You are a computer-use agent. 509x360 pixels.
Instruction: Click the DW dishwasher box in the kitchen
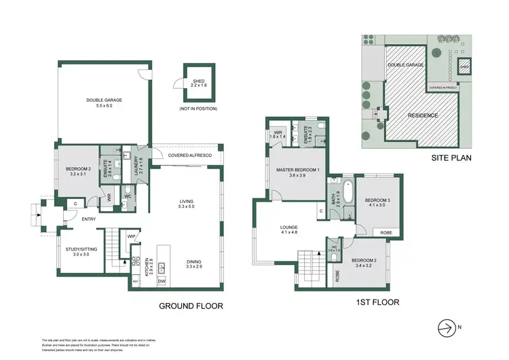click(162, 281)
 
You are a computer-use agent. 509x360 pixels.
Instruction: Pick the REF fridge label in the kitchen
click(135, 281)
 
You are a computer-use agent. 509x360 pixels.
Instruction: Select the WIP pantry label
click(132, 236)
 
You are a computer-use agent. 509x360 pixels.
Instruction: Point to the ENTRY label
click(89, 219)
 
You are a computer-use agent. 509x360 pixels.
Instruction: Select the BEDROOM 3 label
click(377, 200)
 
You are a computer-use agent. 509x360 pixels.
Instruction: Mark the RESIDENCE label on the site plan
click(423, 115)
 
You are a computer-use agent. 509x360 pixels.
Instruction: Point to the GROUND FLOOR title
click(191, 306)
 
